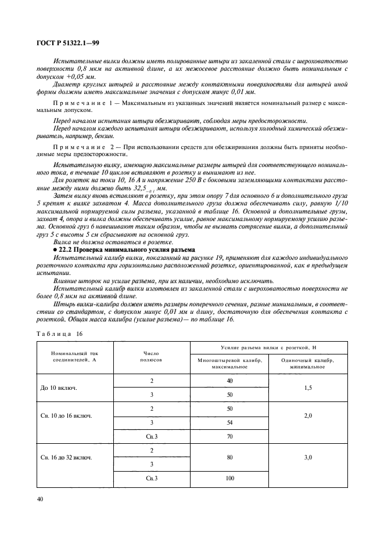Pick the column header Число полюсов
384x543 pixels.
[152, 356]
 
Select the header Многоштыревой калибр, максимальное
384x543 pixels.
[229, 363]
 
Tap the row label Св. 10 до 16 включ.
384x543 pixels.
[66, 417]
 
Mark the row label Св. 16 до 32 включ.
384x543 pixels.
[66, 457]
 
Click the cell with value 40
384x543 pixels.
[229, 380]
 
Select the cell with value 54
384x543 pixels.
[229, 422]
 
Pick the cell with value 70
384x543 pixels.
[229, 436]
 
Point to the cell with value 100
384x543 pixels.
[229, 477]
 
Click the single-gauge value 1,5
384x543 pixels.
[308, 387]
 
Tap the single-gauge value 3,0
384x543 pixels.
[308, 457]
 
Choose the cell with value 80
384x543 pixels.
[229, 457]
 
